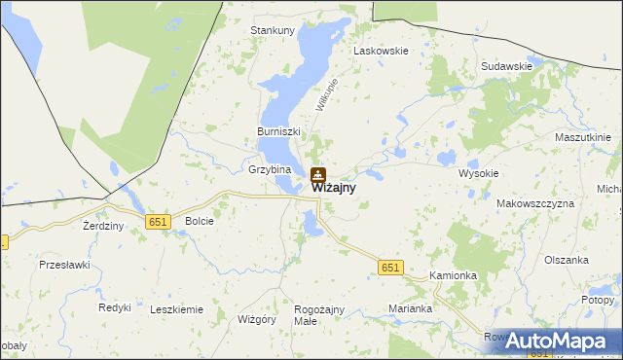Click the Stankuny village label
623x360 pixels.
pos(273,30)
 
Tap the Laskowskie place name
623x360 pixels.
pos(381,50)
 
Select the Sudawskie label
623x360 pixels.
pos(506,66)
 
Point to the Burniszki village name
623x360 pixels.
pos(279,131)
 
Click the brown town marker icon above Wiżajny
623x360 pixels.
pos(318,176)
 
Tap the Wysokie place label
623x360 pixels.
pos(478,173)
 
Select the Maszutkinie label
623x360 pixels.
pos(582,138)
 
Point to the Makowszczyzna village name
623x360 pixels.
pos(535,203)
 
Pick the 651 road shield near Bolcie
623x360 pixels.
pos(160,222)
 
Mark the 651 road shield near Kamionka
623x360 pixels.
pos(390,268)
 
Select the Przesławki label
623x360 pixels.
pos(64,264)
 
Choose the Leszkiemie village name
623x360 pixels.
pos(176,309)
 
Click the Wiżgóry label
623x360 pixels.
pos(258,319)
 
